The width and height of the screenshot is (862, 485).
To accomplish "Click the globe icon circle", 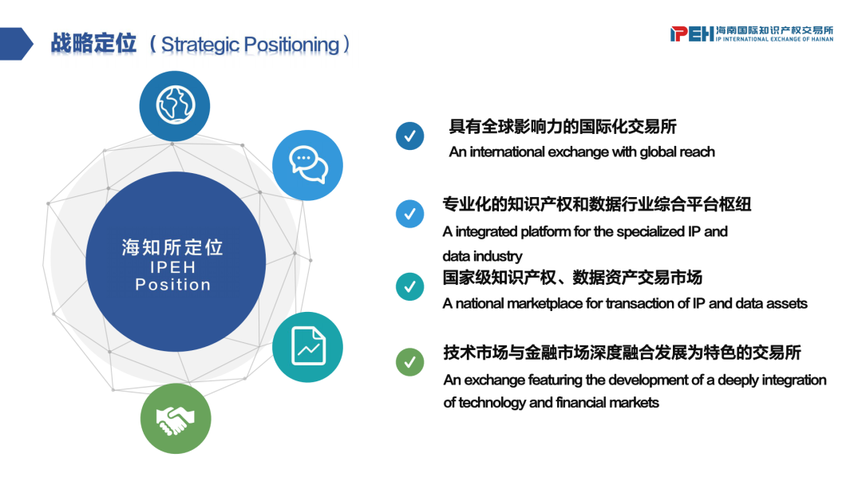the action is [175, 105].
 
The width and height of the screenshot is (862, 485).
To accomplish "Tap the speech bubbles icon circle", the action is [308, 165].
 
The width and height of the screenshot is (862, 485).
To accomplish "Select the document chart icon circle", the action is [308, 347].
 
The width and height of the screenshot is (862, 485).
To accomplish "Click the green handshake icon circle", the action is [176, 419].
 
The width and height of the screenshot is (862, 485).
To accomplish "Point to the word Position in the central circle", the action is [173, 285].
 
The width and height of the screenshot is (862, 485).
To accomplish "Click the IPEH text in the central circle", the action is [173, 267].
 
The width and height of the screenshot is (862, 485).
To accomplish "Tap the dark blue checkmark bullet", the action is [409, 136].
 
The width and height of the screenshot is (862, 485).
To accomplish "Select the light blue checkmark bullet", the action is [409, 214].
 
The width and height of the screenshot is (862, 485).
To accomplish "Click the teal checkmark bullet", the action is [409, 286].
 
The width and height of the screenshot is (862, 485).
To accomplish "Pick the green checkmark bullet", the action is [409, 362].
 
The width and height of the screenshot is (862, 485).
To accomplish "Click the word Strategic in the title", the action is [200, 45].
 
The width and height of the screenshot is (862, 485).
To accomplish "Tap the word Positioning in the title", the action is [291, 45].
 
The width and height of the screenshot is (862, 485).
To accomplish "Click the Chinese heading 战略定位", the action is [93, 43].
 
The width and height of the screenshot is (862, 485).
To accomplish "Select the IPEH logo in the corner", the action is [752, 34].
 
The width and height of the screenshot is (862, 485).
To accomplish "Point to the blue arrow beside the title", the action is [17, 44].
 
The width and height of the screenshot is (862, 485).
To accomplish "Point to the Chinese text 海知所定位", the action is [172, 247].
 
